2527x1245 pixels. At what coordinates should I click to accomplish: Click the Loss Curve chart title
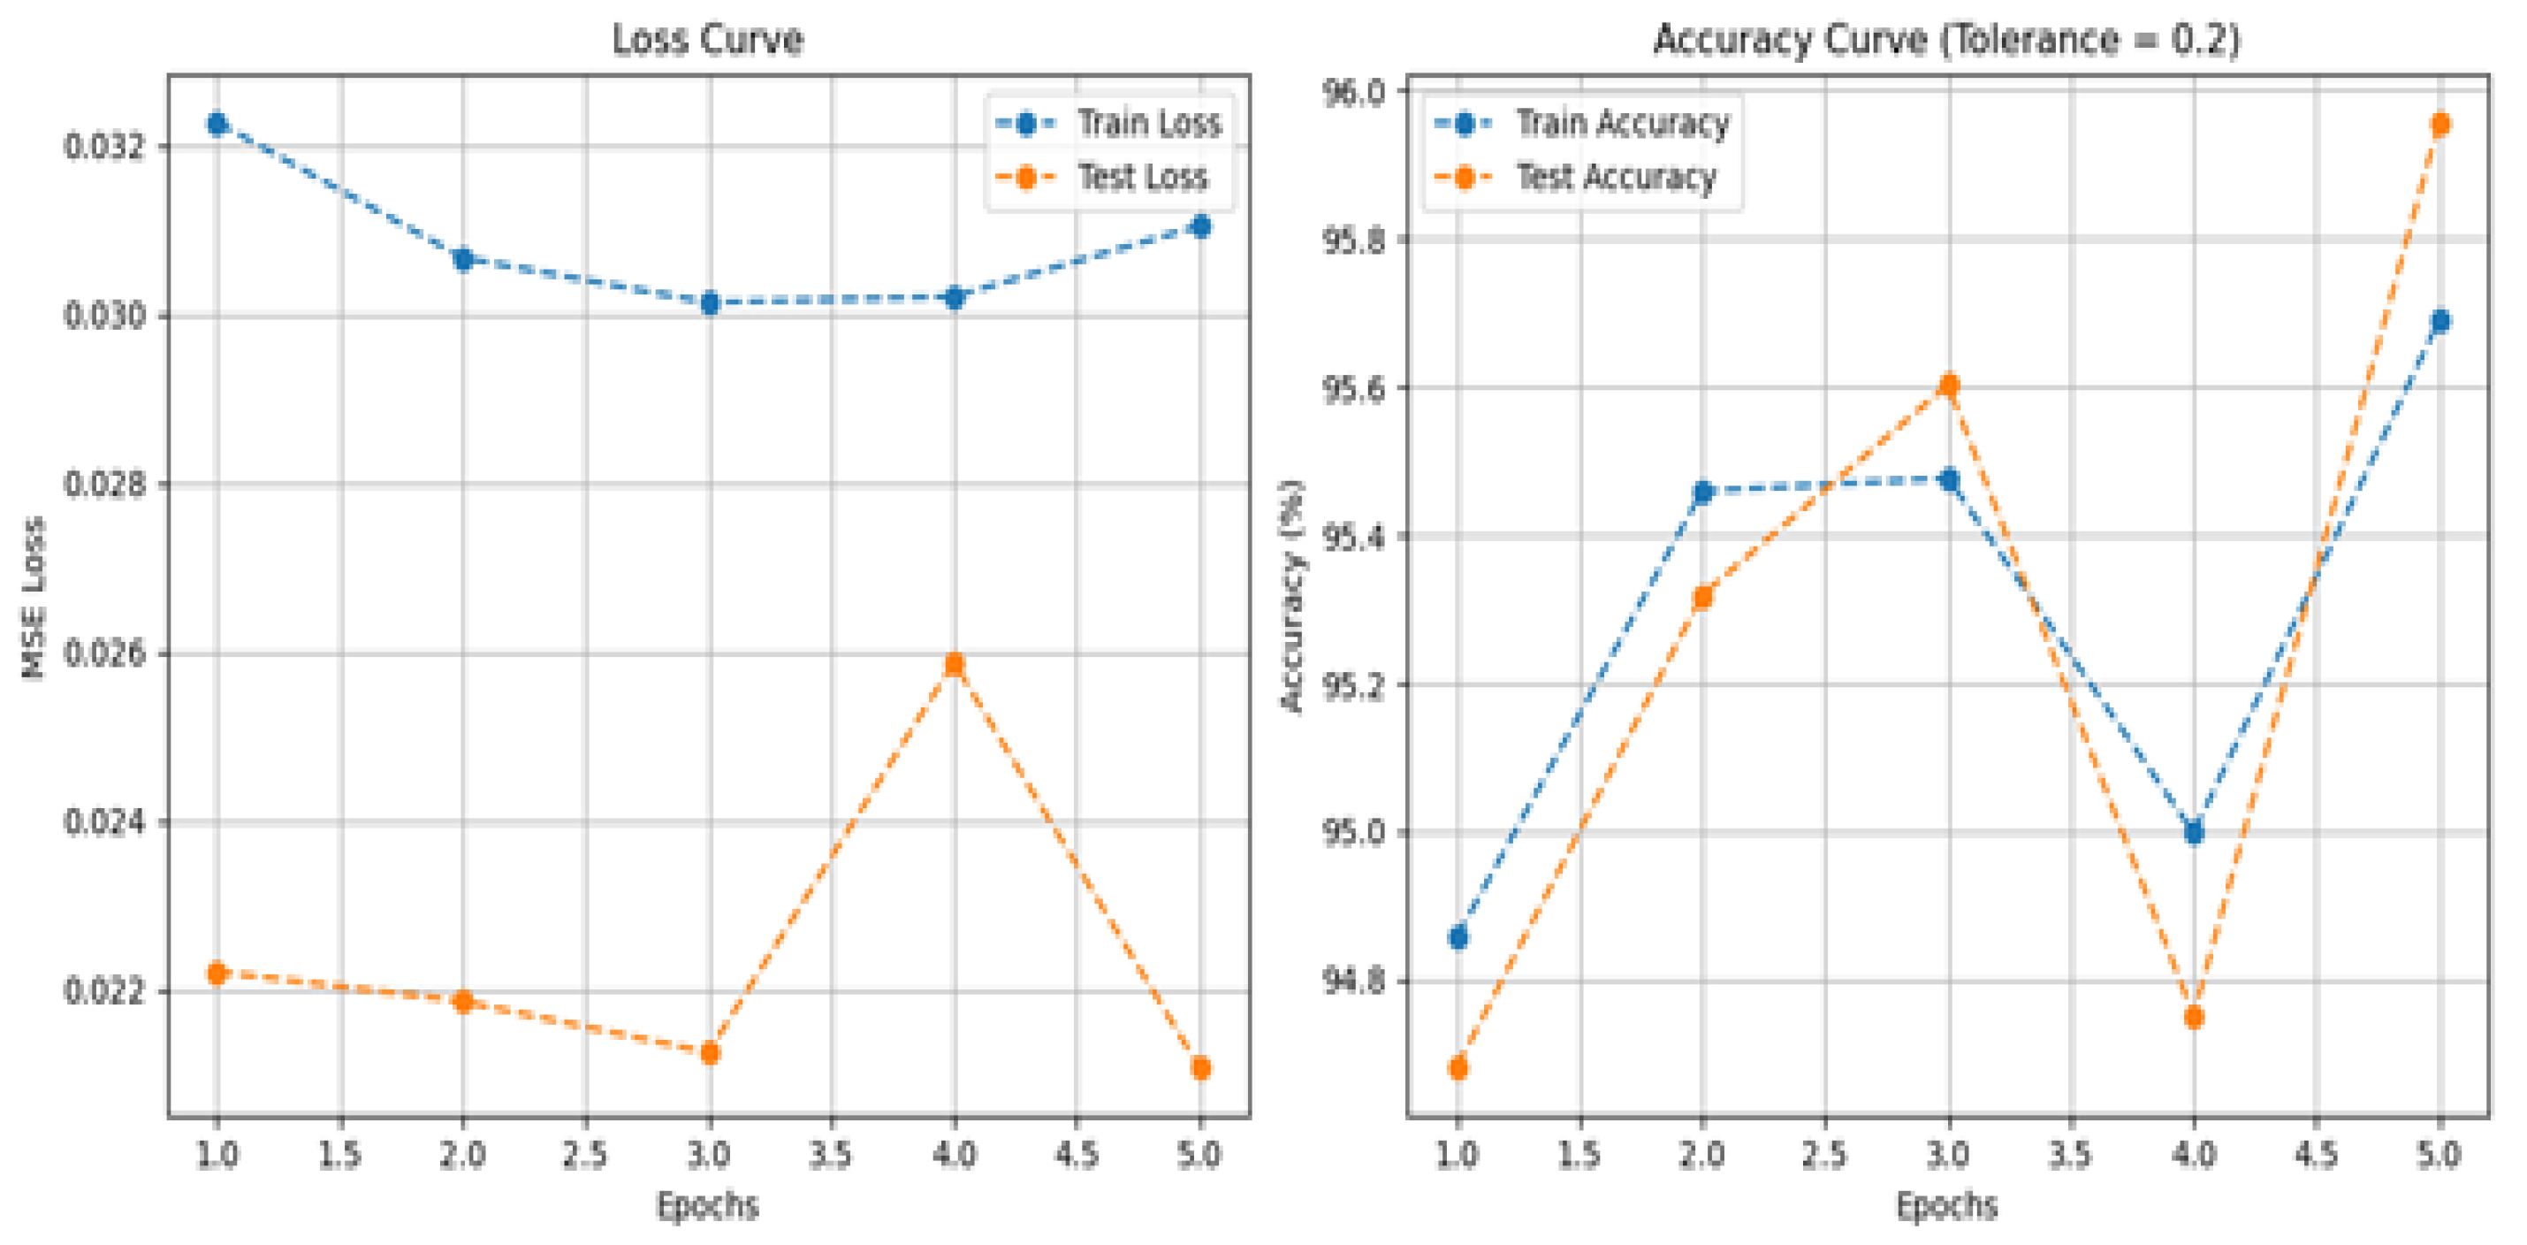[x=707, y=39]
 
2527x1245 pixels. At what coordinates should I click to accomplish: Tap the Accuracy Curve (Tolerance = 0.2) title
[x=1946, y=39]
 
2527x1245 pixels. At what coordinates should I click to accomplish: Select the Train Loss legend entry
[x=1148, y=123]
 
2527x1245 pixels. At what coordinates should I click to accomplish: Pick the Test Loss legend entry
[x=1142, y=177]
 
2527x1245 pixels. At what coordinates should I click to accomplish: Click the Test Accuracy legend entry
[x=1615, y=177]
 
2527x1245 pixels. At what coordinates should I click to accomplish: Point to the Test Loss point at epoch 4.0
[x=954, y=664]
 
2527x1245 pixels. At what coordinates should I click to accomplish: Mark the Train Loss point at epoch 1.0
[x=217, y=124]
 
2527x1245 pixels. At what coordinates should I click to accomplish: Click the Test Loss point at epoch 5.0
[x=1199, y=1067]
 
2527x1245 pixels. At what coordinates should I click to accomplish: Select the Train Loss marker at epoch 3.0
[x=709, y=303]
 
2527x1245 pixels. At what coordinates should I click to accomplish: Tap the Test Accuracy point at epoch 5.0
[x=2439, y=124]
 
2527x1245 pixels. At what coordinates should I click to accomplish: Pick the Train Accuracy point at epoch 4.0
[x=2195, y=832]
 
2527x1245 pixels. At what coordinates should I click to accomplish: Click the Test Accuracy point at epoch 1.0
[x=1458, y=1067]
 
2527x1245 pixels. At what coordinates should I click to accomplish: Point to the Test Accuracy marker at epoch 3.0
[x=1948, y=385]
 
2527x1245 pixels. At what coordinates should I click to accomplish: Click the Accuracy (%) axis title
[x=1293, y=594]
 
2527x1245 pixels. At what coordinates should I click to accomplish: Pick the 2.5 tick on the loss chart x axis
[x=586, y=1155]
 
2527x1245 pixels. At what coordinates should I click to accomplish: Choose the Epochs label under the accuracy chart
[x=1946, y=1205]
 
